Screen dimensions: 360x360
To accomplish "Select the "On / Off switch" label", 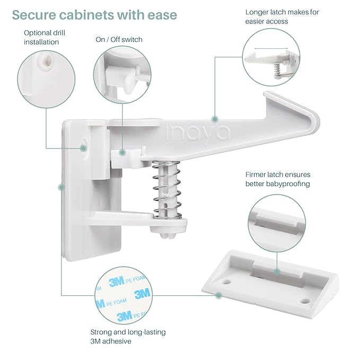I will pos(119,39).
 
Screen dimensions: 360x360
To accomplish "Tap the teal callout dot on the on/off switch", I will pos(122,152).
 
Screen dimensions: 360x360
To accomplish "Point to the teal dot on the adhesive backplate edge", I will pos(62,187).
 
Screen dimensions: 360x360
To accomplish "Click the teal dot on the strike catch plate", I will pos(277,271).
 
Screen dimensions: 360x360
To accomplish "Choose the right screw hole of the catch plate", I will pos(304,301).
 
